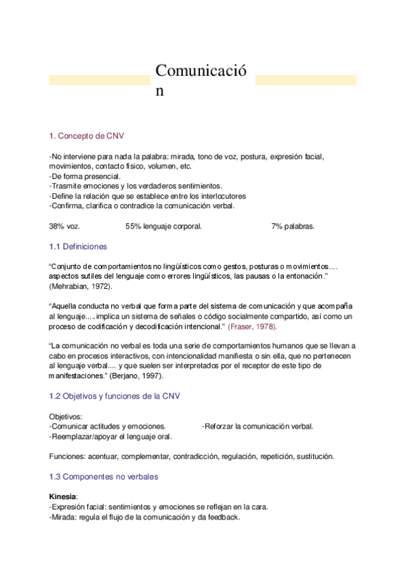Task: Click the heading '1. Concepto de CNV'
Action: point(86,136)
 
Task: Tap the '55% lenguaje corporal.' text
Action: point(163,226)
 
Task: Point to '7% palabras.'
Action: point(293,226)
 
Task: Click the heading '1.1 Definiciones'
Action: point(78,246)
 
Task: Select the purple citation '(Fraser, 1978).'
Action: point(252,327)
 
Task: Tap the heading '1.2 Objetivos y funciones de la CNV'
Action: point(115,395)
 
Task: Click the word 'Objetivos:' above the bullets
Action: point(66,416)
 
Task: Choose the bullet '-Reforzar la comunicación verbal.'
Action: point(258,426)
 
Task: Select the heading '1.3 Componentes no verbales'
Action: point(104,477)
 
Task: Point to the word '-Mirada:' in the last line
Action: point(64,517)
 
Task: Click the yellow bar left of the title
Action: point(99,80)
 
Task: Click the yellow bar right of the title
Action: point(306,80)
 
